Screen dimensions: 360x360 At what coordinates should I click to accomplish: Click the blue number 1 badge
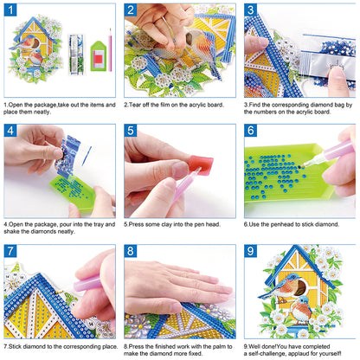tap(11, 11)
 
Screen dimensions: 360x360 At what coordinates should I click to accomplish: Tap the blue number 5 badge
tap(132, 132)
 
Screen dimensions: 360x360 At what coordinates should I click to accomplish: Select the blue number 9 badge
tap(251, 252)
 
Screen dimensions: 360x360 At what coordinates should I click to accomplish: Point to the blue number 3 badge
tap(251, 11)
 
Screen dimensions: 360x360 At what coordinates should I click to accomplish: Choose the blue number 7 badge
tap(11, 252)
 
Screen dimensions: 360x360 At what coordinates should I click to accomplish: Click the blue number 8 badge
tap(132, 252)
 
